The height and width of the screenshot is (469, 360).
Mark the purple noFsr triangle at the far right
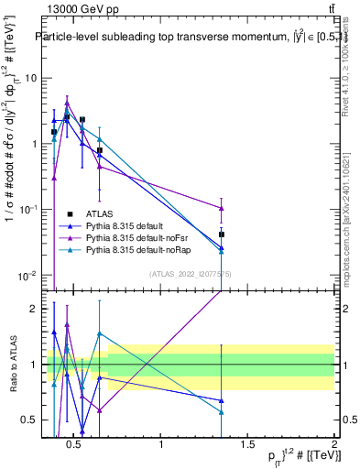[222, 208]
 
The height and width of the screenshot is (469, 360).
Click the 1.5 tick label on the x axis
[247, 446]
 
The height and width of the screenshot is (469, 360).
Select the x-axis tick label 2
[333, 446]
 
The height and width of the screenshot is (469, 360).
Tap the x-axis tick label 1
[162, 446]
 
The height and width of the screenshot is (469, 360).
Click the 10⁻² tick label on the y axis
[27, 276]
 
